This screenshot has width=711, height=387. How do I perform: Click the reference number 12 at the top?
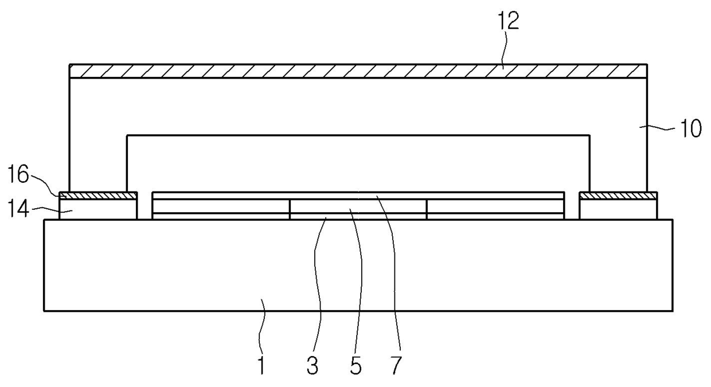[x=508, y=21]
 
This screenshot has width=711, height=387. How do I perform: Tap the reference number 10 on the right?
[x=691, y=129]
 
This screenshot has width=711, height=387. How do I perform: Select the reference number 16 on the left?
[x=18, y=174]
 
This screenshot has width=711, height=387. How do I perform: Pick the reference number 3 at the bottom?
[x=312, y=365]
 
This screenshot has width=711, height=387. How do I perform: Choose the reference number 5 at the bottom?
[x=356, y=365]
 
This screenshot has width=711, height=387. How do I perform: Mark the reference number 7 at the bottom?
[x=396, y=365]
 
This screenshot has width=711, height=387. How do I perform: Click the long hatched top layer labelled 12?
[x=358, y=71]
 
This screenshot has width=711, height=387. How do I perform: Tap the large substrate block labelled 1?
[x=358, y=265]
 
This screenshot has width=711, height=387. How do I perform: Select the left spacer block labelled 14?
[x=98, y=209]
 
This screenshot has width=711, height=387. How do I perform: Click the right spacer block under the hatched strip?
[x=618, y=209]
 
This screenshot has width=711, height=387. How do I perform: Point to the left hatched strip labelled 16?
[x=98, y=196]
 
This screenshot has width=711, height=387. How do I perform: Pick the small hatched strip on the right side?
[x=618, y=196]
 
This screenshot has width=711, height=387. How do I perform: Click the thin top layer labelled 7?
[x=358, y=196]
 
